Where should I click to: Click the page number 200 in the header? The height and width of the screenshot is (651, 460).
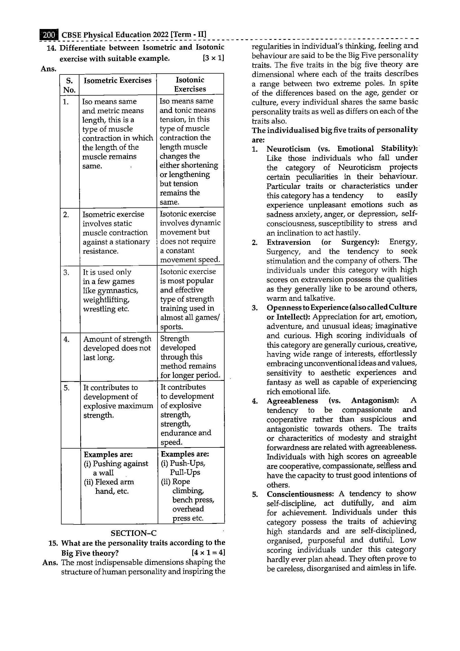(49, 35)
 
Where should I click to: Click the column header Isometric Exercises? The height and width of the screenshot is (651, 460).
(117, 81)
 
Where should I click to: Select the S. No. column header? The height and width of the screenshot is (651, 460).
(69, 85)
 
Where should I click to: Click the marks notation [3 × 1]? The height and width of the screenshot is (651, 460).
(213, 58)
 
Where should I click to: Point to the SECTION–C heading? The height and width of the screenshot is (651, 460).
(133, 533)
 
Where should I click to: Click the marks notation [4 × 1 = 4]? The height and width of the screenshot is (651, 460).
(208, 553)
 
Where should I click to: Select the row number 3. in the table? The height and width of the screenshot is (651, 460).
(66, 272)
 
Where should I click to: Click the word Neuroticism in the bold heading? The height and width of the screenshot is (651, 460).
(288, 149)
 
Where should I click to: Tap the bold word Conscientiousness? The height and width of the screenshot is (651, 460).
(300, 494)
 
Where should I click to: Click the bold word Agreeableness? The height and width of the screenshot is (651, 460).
(292, 401)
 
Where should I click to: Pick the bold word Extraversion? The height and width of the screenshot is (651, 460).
(288, 242)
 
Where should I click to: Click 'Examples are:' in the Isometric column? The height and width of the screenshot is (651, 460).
(108, 454)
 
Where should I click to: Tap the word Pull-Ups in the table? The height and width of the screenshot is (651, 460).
(185, 472)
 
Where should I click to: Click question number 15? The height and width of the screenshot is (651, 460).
(53, 543)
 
